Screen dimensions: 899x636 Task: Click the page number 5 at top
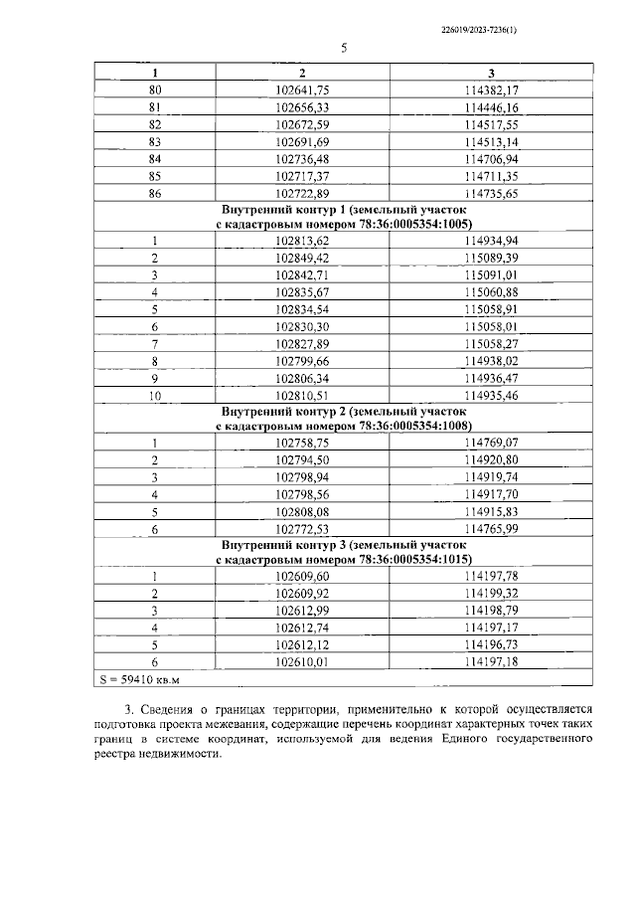[x=344, y=49]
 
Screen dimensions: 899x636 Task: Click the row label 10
[x=154, y=395]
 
